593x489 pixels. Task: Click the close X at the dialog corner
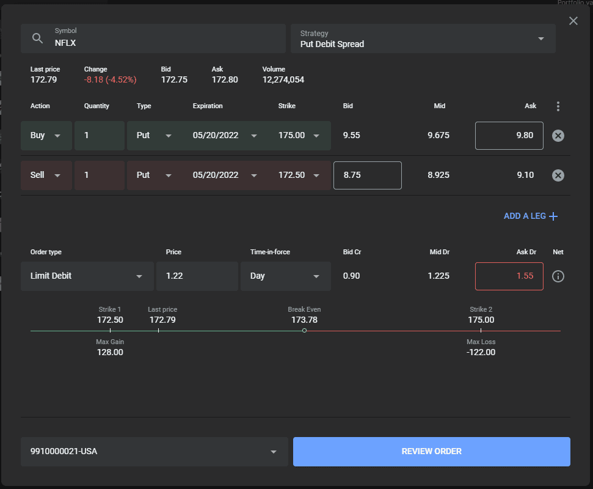click(x=573, y=21)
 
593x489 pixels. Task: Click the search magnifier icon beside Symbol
click(x=37, y=39)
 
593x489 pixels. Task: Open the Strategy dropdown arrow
click(x=541, y=39)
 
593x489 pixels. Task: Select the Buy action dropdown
click(x=46, y=136)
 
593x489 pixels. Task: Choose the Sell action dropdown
click(x=46, y=175)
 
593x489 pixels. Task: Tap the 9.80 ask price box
click(x=509, y=136)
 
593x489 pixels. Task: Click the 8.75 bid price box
click(x=367, y=175)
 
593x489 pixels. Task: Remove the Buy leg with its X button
click(x=558, y=136)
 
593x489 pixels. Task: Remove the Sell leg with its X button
click(x=558, y=175)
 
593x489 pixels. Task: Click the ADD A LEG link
click(x=531, y=216)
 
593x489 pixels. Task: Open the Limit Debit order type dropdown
click(x=87, y=276)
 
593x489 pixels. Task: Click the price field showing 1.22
click(x=197, y=276)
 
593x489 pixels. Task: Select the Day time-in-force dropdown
click(x=286, y=276)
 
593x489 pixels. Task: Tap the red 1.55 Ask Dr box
click(x=509, y=276)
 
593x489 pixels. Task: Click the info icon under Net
click(x=558, y=276)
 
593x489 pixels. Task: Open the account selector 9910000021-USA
click(x=155, y=452)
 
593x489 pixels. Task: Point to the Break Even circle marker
click(x=305, y=331)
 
